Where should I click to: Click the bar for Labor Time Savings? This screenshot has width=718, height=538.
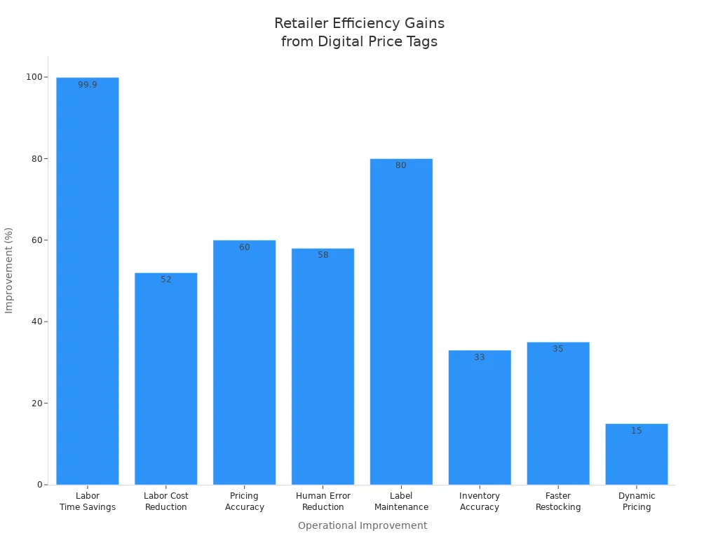[x=88, y=280]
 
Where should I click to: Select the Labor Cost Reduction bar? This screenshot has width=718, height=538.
[x=166, y=378]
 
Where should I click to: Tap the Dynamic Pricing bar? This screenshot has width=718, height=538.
[x=637, y=455]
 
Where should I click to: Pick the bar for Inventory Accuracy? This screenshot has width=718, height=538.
[x=480, y=418]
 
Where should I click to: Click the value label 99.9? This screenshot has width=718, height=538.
[x=88, y=85]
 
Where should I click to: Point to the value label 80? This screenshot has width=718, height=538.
[x=401, y=165]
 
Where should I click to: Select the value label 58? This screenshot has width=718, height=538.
[x=323, y=255]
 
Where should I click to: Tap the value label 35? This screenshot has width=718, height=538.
[x=558, y=349]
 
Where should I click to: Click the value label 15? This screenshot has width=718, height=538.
[x=637, y=431]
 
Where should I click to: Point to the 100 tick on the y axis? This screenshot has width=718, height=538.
[x=34, y=77]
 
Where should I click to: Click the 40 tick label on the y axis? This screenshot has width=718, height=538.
[x=36, y=322]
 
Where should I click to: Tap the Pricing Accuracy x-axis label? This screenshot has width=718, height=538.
[x=245, y=502]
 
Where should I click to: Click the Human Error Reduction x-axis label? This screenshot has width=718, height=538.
[x=323, y=502]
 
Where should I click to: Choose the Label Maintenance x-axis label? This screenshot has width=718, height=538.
[x=401, y=502]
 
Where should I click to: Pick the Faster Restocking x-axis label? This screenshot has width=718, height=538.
[x=558, y=502]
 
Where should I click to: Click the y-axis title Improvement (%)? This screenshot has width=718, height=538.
[x=9, y=270]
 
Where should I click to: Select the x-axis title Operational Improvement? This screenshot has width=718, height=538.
[x=363, y=525]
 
